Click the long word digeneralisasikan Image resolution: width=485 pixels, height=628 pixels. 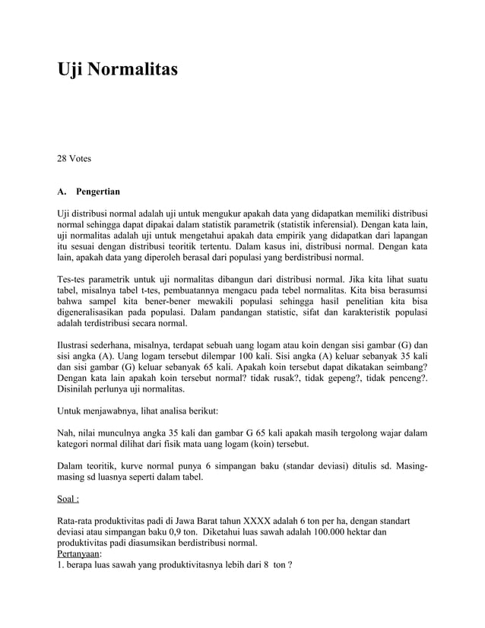[100, 312]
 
